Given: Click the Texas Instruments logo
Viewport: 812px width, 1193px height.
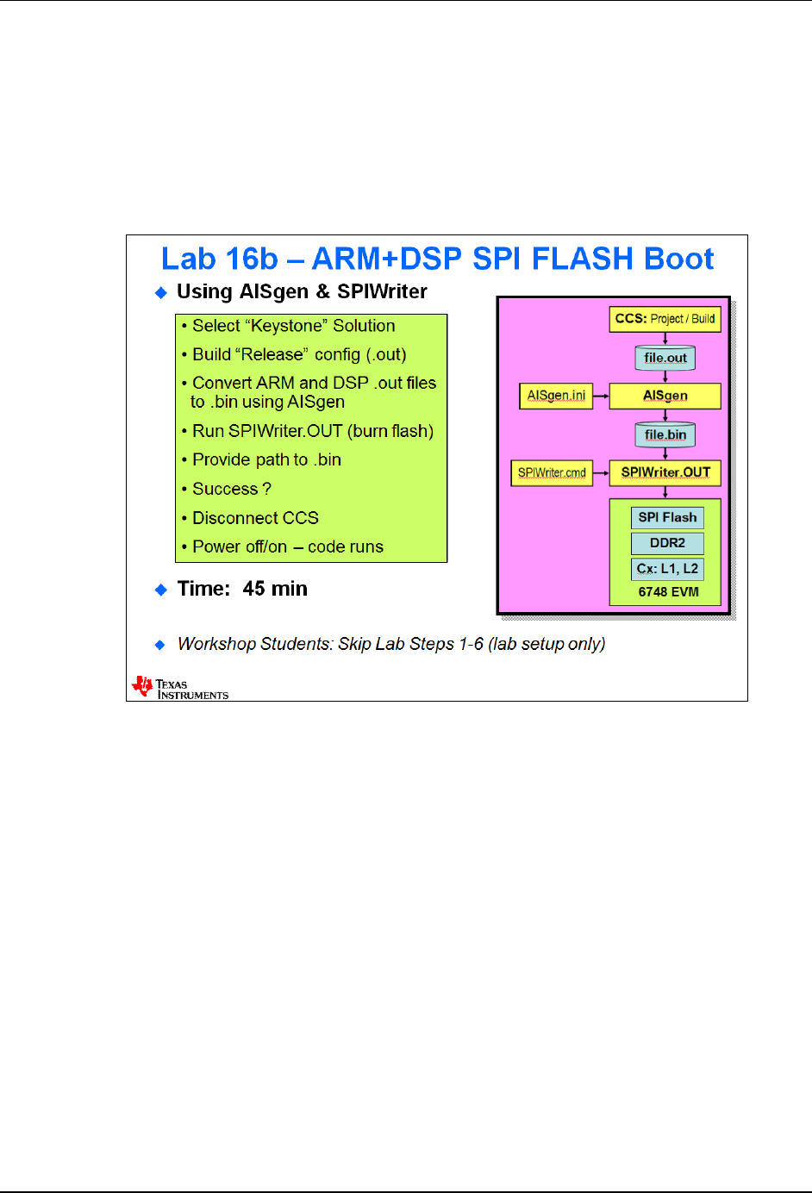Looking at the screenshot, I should [179, 688].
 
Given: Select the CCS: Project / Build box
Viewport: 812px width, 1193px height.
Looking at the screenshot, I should [665, 319].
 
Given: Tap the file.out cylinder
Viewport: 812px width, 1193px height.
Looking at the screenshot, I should [665, 358].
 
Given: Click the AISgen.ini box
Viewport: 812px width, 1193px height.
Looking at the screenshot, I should [556, 396].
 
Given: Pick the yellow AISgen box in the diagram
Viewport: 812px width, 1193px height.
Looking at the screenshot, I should [665, 396].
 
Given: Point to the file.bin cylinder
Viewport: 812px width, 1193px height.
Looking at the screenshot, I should [665, 434].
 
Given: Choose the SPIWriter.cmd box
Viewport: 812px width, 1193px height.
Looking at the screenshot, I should [552, 472].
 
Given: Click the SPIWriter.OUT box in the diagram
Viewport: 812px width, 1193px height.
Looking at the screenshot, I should [665, 472].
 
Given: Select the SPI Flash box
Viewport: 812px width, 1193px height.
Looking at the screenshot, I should [667, 517].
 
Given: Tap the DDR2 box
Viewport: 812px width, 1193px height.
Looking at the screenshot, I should [667, 543].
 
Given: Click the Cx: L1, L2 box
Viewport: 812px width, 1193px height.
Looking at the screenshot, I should [667, 569].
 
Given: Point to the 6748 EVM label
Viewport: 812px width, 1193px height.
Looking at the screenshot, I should [668, 592].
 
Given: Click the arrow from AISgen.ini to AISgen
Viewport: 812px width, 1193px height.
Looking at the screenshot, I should [601, 397].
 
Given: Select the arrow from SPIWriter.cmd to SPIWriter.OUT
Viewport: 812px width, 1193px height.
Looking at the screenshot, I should [601, 472].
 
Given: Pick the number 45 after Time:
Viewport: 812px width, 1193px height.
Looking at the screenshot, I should [253, 589].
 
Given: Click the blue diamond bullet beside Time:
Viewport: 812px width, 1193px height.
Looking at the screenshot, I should [160, 590].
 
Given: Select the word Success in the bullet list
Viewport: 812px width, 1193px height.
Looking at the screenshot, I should [225, 489].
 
